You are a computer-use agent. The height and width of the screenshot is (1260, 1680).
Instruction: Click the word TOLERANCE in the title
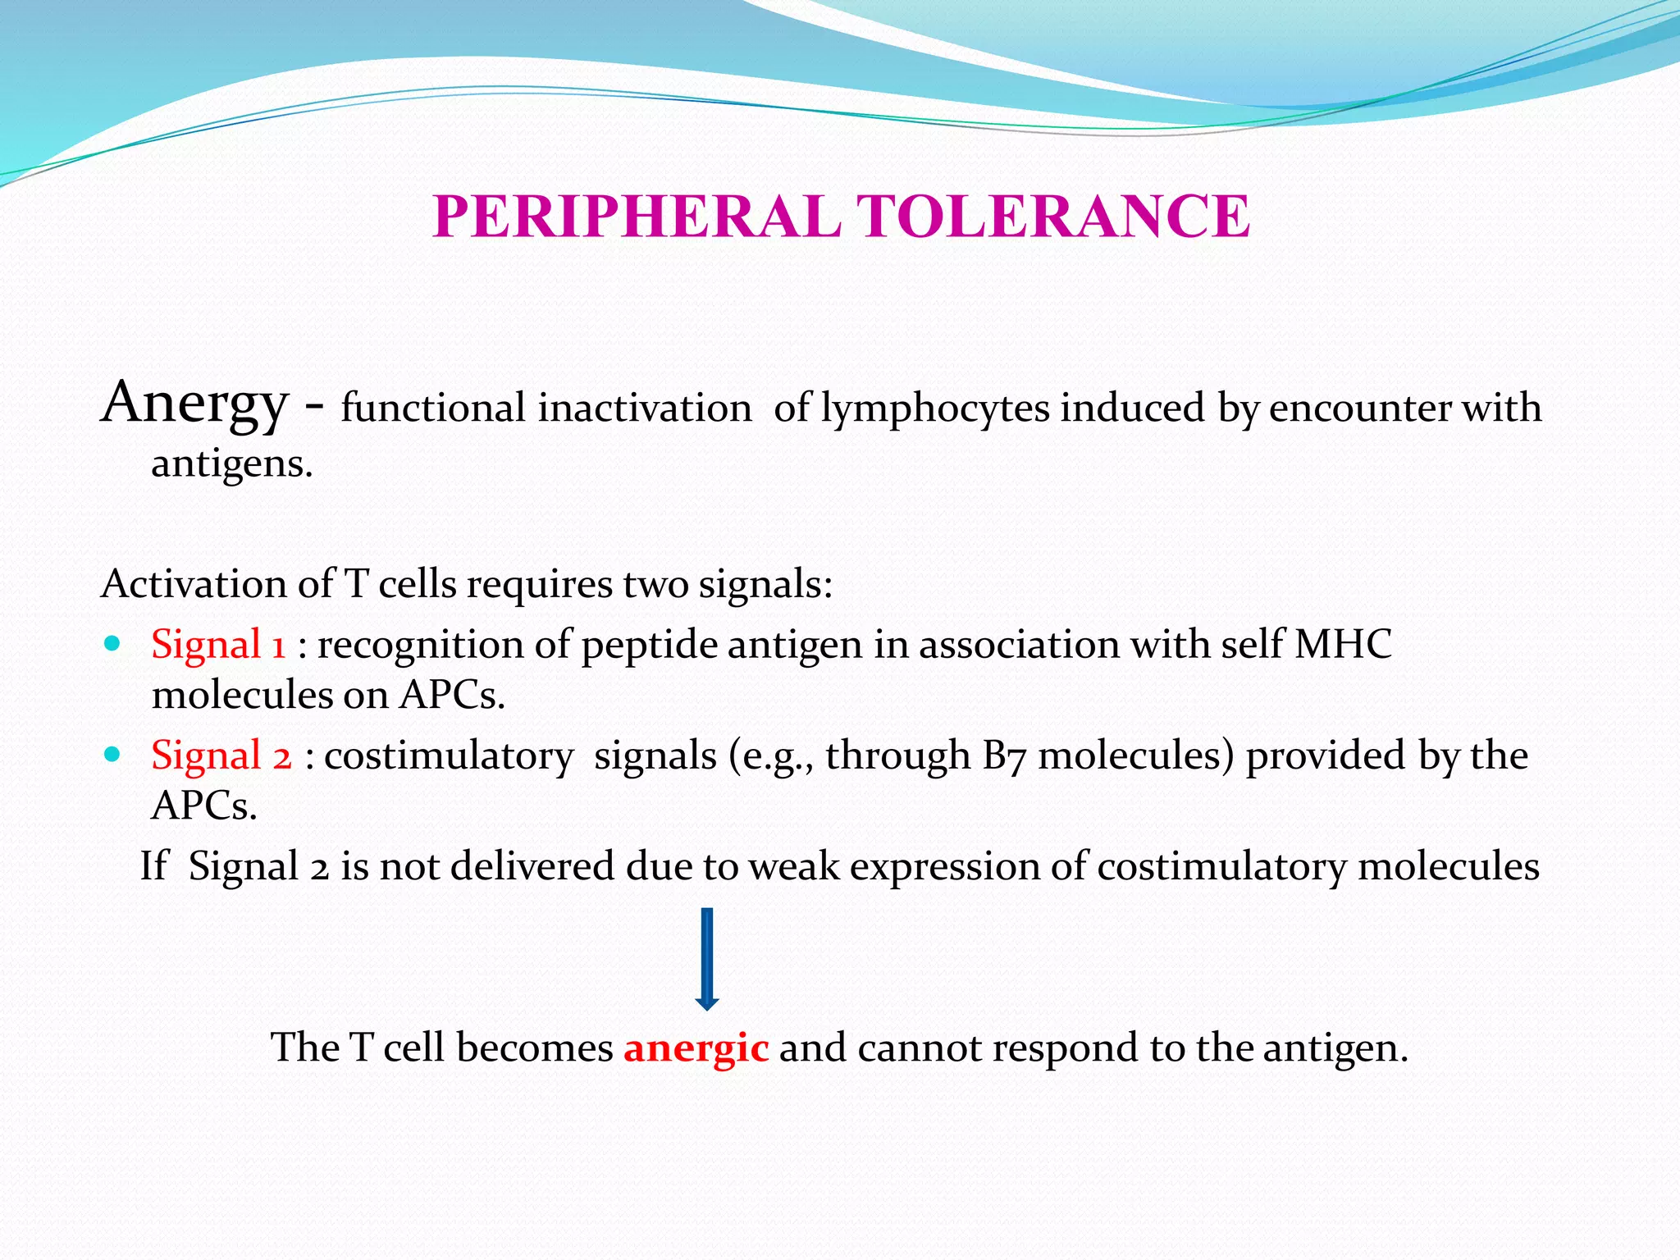coord(1053,217)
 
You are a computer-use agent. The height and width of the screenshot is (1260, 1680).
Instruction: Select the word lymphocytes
coord(935,409)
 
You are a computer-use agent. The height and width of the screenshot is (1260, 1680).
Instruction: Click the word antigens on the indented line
coord(232,464)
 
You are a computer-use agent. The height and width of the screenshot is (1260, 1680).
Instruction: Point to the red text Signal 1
coord(218,644)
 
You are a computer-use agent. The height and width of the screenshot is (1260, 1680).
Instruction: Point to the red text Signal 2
coord(221,755)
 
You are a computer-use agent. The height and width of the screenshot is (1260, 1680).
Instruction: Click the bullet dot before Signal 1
coord(113,641)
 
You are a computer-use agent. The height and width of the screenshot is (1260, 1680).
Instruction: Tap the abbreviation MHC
coord(1343,644)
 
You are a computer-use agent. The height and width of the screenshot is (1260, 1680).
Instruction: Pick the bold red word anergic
coord(696,1048)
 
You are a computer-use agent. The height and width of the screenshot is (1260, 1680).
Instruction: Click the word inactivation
coord(644,409)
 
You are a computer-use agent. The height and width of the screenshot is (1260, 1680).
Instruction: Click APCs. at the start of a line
coord(204,806)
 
